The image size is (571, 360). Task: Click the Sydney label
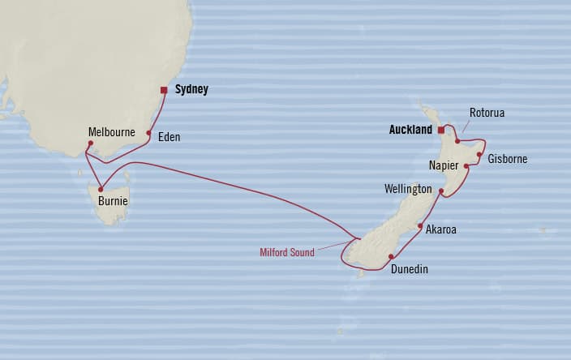click(x=192, y=90)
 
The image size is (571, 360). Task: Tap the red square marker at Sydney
click(x=164, y=90)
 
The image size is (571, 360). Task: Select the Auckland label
click(x=410, y=129)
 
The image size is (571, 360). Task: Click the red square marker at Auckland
click(x=441, y=130)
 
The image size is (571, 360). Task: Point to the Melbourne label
click(x=112, y=131)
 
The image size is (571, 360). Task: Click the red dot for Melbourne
click(x=91, y=144)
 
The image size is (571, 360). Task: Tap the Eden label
click(x=170, y=137)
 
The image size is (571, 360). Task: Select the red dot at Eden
click(x=148, y=133)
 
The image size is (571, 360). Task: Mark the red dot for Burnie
click(x=101, y=190)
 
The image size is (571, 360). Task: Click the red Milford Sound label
click(x=286, y=253)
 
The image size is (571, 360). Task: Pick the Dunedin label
click(x=409, y=269)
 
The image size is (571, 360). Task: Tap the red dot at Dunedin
click(x=391, y=256)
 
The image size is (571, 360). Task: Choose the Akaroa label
click(x=441, y=229)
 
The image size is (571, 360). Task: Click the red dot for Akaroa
click(x=420, y=226)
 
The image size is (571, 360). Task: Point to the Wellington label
click(x=408, y=189)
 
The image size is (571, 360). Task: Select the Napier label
click(x=444, y=165)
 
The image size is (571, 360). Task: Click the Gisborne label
click(x=508, y=159)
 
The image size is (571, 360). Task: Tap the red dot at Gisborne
click(x=479, y=154)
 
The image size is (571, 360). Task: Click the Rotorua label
click(x=487, y=113)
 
